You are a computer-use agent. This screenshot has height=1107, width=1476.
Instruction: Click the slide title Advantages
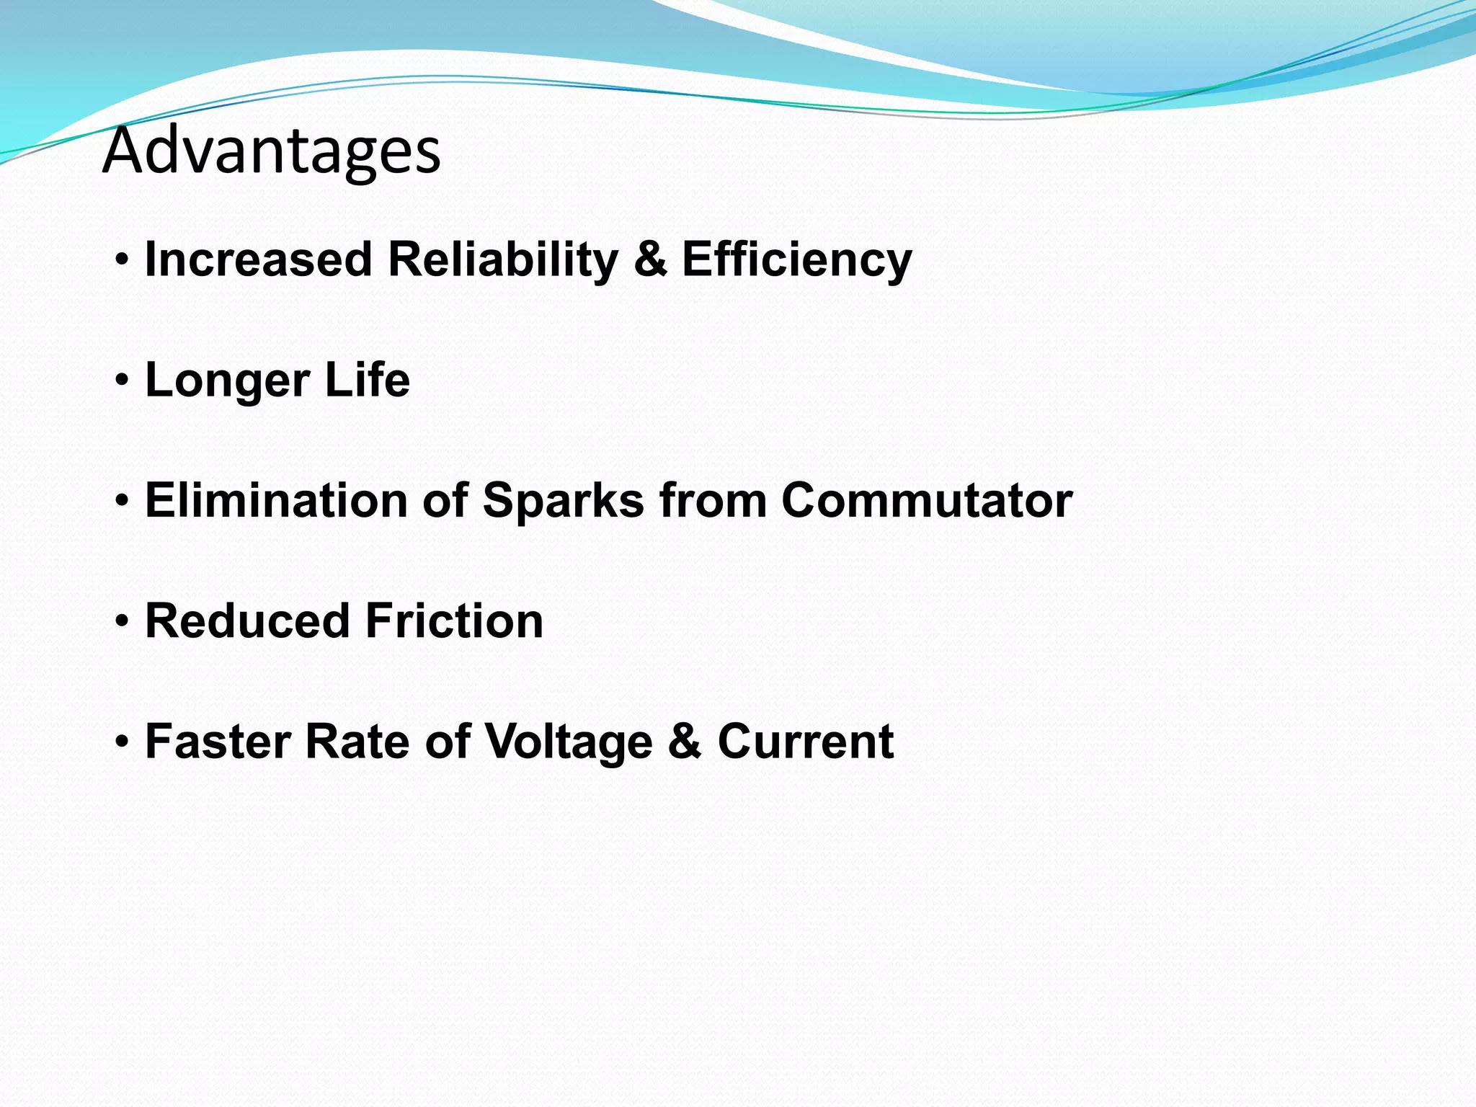[271, 151]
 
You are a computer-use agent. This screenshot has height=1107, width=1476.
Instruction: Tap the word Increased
[258, 259]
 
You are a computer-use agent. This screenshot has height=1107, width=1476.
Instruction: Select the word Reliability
[503, 259]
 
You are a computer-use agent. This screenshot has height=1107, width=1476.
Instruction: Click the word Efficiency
[796, 259]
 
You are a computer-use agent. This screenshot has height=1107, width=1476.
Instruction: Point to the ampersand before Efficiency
[650, 259]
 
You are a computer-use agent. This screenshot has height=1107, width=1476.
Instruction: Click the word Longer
[228, 380]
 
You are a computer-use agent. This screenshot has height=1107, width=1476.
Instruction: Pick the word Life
[367, 380]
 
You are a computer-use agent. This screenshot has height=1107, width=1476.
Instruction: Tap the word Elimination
[276, 500]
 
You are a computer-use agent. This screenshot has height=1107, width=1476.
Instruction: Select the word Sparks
[563, 500]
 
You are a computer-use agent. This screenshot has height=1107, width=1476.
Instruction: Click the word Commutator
[927, 500]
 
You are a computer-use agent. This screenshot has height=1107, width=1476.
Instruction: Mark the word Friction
[454, 621]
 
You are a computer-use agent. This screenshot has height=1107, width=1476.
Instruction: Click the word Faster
[218, 741]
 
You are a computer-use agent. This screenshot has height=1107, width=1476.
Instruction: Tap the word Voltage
[568, 741]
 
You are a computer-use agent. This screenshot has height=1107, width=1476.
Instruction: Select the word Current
[805, 741]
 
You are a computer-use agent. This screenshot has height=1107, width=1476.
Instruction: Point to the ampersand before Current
[685, 741]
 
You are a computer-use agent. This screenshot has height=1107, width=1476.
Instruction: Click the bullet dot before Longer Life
[123, 380]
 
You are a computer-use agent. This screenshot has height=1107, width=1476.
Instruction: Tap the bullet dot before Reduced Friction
[123, 621]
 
